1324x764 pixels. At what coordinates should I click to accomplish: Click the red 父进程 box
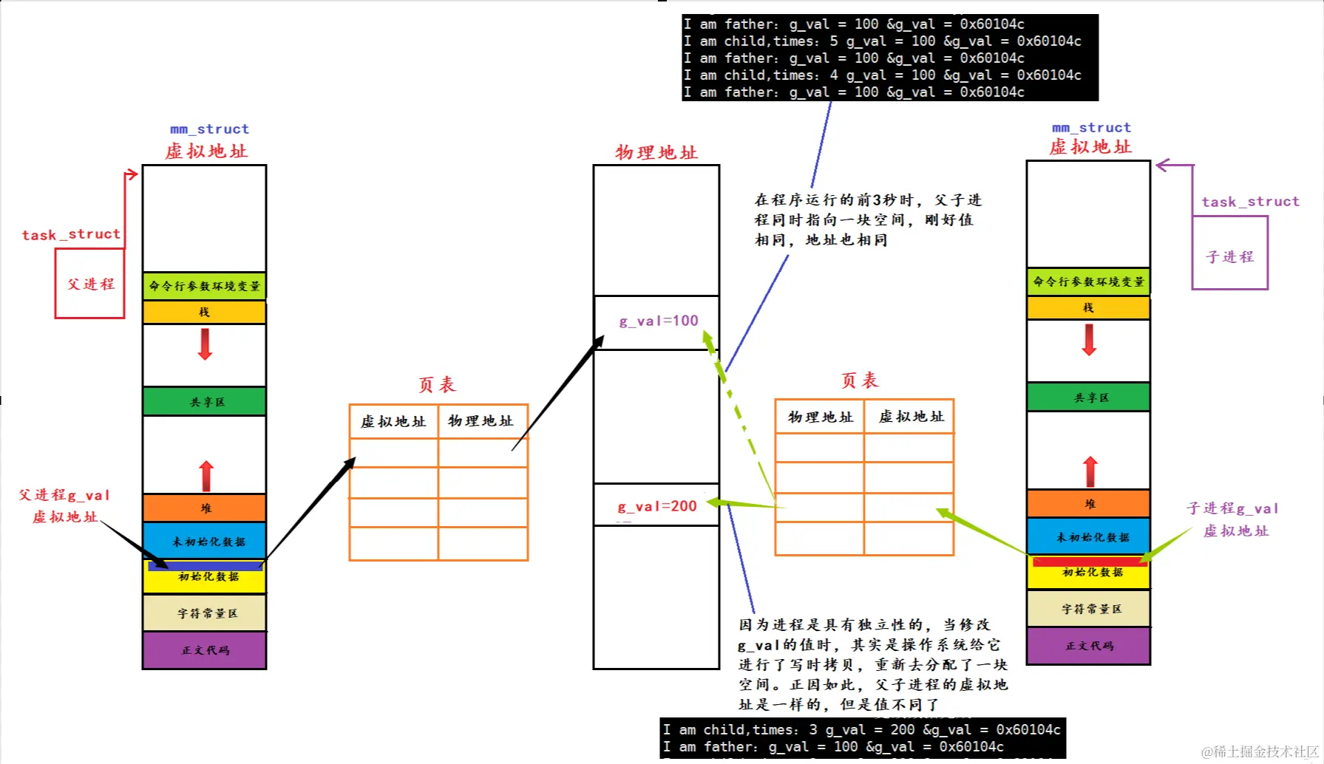(89, 284)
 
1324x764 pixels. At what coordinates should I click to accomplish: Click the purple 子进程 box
(1229, 256)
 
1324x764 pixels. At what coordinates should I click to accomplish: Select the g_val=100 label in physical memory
(658, 321)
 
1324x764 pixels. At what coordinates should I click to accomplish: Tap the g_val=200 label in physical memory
(656, 506)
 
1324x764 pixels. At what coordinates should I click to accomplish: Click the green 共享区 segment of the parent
(205, 402)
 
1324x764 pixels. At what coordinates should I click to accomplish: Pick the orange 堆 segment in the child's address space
(1088, 504)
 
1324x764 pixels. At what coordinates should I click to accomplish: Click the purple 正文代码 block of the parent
(205, 650)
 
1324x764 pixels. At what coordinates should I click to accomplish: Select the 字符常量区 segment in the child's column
(1088, 609)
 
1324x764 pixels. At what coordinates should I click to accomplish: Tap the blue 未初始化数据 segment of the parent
(205, 541)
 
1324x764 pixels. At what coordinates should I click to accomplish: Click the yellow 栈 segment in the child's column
(1088, 307)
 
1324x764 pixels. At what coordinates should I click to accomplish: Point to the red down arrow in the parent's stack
(206, 344)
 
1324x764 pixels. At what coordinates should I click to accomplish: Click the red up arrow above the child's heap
(1090, 471)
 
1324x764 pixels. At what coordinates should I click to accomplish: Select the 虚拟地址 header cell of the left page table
(393, 421)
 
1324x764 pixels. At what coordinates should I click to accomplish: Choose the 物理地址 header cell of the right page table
(820, 417)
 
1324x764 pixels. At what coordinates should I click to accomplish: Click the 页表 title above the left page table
(437, 384)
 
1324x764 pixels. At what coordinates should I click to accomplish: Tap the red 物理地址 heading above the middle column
(656, 152)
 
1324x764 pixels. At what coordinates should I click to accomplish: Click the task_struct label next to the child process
(1249, 202)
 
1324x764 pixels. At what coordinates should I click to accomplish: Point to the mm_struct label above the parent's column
(209, 129)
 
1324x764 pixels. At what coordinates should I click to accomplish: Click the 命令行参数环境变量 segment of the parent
(205, 286)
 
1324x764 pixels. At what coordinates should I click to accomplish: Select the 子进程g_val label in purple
(1232, 508)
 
